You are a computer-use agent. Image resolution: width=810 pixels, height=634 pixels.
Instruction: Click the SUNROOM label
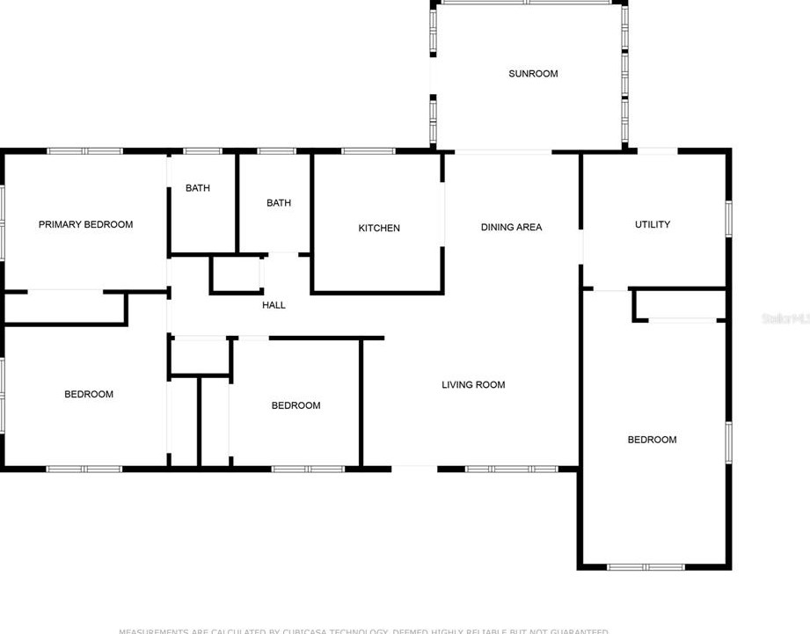pos(533,74)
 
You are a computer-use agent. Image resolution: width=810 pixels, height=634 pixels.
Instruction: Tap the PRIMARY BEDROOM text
pos(85,224)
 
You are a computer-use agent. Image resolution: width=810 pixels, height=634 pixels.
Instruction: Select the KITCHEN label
pos(379,229)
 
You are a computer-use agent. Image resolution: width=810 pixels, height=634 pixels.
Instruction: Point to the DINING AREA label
pos(511,227)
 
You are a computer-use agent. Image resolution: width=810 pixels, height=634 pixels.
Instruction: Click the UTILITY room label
pos(653,224)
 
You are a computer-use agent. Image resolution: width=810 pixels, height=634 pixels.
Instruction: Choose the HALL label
pos(274,305)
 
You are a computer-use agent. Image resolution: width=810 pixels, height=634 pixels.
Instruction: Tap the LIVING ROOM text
pos(473,384)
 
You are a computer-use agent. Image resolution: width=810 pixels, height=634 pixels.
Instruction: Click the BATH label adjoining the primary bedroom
pos(198,188)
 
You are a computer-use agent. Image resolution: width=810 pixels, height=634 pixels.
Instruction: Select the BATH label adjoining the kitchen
pos(279,203)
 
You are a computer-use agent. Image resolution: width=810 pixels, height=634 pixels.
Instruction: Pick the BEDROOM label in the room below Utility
pos(652,440)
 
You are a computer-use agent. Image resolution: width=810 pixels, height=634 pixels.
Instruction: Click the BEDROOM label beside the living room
pos(296,405)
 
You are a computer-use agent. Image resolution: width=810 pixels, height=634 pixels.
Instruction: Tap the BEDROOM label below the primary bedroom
pos(89,394)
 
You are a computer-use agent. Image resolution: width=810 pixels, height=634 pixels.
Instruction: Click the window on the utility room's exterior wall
pos(728,218)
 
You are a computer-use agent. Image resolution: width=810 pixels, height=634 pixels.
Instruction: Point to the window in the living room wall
pos(511,469)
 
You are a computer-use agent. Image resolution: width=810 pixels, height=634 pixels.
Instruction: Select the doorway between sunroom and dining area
pos(502,152)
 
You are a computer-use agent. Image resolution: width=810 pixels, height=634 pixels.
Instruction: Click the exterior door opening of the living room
pos(413,468)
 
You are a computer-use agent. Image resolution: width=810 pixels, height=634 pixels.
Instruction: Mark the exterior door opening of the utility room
pos(657,151)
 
